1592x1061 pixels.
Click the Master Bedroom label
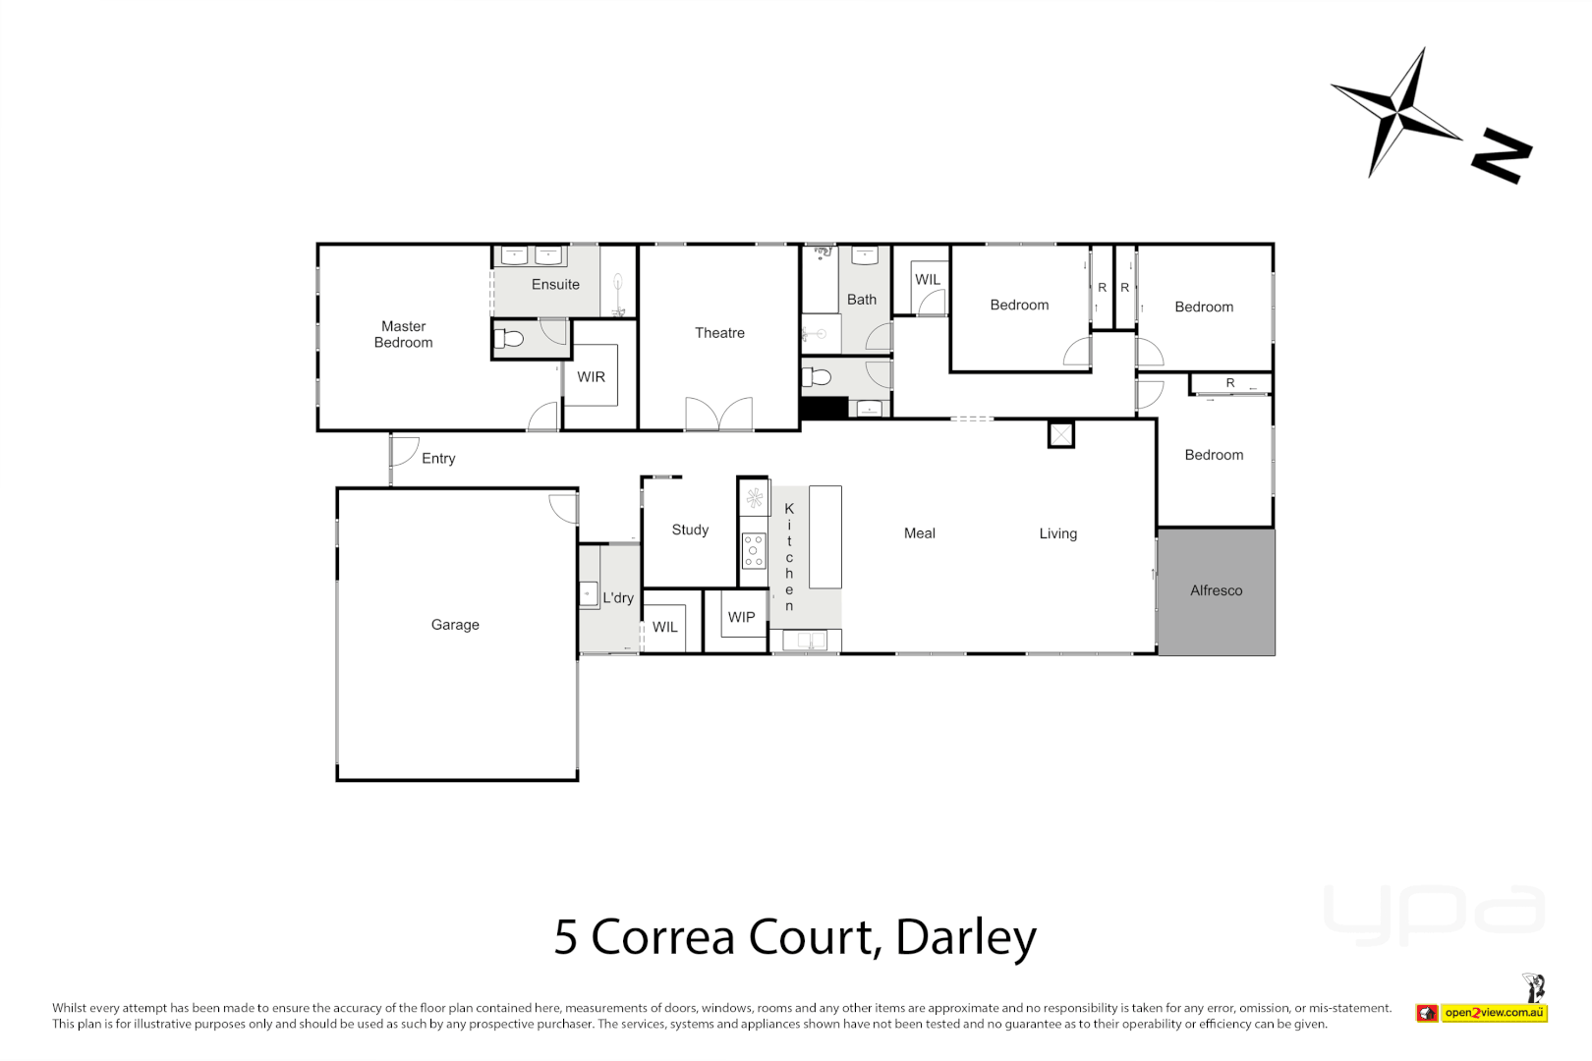(403, 334)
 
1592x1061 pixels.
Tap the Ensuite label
(555, 285)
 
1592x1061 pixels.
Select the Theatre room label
(719, 333)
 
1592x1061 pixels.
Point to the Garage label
(455, 625)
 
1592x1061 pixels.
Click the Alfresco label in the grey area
(1216, 590)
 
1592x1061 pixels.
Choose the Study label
(690, 530)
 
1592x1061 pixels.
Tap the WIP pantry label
(741, 617)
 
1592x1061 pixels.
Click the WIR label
(591, 377)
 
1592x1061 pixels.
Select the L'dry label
(618, 597)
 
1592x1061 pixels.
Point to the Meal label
(919, 533)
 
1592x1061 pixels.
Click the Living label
(1057, 533)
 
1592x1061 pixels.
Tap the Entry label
(438, 459)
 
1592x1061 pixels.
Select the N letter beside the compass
(1501, 155)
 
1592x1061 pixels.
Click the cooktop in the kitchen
(754, 551)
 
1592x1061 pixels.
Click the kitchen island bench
(825, 536)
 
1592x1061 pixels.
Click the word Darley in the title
(965, 937)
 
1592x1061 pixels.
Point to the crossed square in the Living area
(1060, 433)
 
